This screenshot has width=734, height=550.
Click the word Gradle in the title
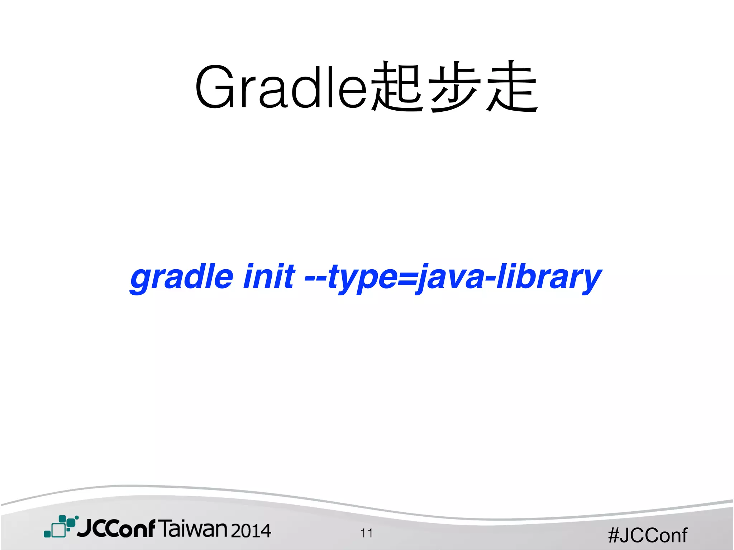click(x=281, y=87)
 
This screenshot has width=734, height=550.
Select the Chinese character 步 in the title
click(x=454, y=87)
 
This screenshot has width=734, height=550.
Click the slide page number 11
click(x=367, y=533)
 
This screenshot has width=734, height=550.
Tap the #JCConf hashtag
click(x=648, y=535)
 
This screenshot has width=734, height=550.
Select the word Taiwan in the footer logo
click(x=193, y=529)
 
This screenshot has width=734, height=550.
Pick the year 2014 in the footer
click(x=251, y=531)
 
